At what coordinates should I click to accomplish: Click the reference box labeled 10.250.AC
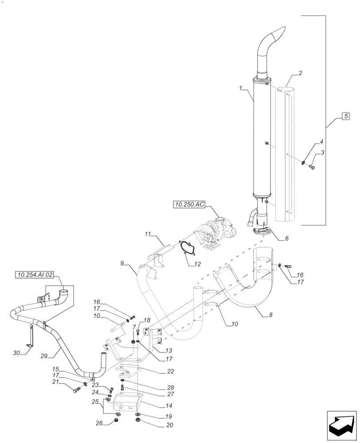[189, 205]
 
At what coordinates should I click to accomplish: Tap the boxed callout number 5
[345, 117]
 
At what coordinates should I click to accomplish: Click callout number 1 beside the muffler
[241, 89]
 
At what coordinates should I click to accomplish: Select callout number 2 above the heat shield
[301, 73]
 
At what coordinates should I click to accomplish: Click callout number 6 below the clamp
[286, 238]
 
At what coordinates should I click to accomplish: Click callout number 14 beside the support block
[168, 405]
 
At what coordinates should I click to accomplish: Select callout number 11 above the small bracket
[148, 233]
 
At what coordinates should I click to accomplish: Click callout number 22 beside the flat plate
[170, 371]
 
